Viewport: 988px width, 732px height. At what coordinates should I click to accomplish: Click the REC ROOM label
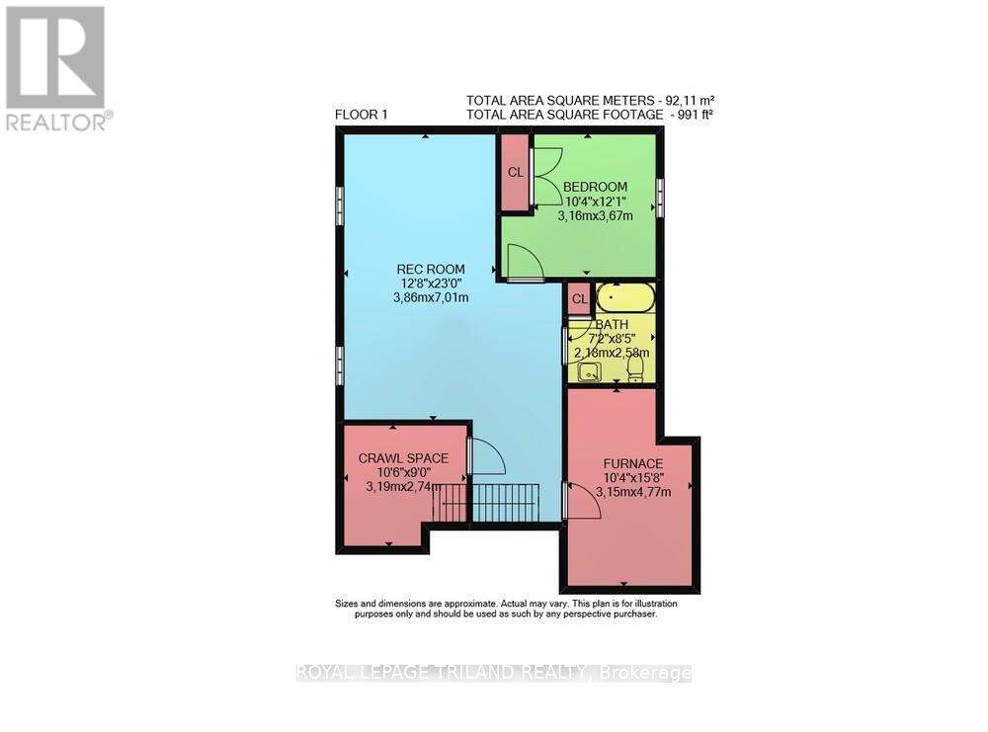425,269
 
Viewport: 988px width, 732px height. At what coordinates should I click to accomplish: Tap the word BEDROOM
595,187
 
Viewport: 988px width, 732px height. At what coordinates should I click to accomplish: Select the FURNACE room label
633,463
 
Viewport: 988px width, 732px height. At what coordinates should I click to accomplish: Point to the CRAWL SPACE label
403,457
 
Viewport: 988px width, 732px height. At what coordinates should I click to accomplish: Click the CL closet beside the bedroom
515,172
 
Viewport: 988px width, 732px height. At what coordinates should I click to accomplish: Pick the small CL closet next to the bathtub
579,298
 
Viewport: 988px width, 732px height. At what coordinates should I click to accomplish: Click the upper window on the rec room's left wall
339,206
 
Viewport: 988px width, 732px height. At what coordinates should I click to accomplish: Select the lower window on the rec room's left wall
339,365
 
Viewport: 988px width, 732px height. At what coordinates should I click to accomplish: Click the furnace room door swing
583,501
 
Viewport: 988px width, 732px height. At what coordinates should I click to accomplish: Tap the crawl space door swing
485,457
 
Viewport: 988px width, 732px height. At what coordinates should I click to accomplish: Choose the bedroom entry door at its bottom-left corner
524,262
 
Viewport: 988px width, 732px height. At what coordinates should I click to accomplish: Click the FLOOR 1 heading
361,115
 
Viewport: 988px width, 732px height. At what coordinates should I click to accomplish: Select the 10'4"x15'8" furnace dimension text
633,478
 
